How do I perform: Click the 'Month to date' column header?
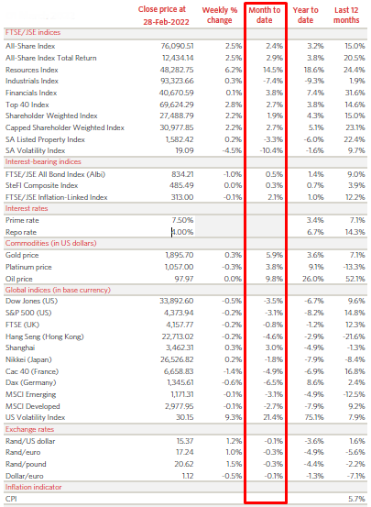[265, 15]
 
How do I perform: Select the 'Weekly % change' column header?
[220, 15]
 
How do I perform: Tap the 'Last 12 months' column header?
[346, 15]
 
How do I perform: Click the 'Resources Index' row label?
[32, 70]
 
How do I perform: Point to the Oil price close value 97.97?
[184, 279]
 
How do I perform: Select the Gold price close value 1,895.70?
[180, 255]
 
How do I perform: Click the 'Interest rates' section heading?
[27, 208]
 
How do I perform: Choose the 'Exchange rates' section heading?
[29, 429]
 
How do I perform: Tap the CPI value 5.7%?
[357, 499]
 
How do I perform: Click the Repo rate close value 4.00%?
[182, 232]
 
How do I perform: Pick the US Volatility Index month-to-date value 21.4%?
[273, 417]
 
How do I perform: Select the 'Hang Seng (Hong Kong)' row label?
[45, 336]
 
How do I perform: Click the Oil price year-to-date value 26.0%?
[313, 279]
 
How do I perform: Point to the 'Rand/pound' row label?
[26, 464]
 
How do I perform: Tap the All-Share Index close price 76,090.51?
[177, 46]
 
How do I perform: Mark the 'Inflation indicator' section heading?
[33, 487]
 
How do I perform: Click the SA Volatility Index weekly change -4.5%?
[232, 150]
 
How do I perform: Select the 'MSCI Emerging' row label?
[31, 395]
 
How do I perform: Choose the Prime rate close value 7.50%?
[182, 220]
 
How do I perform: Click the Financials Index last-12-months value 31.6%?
[355, 93]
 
